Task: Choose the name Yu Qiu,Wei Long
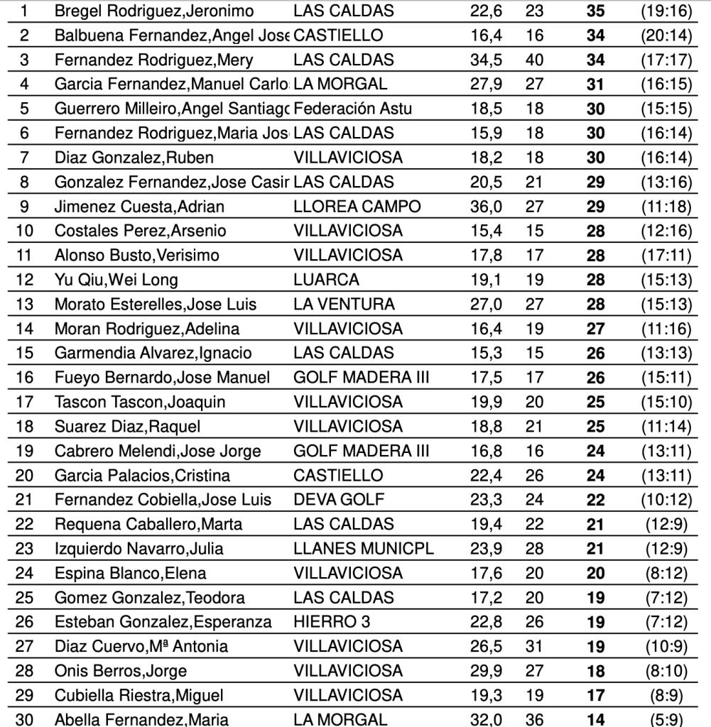116,280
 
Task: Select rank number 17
24,402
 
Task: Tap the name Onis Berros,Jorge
121,671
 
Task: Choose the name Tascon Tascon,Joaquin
140,402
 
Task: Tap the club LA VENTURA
344,305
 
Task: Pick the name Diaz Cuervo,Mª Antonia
141,646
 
